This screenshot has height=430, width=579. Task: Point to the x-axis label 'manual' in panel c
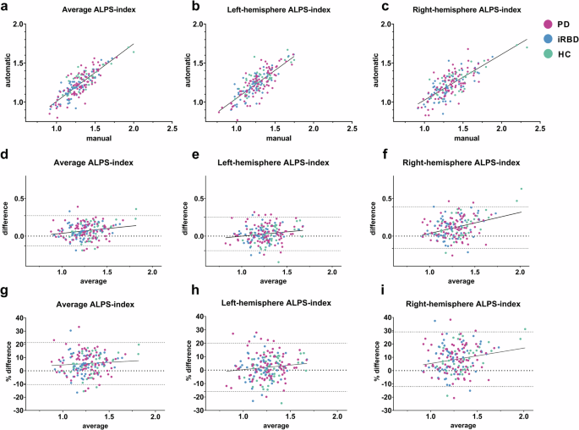point(456,138)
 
